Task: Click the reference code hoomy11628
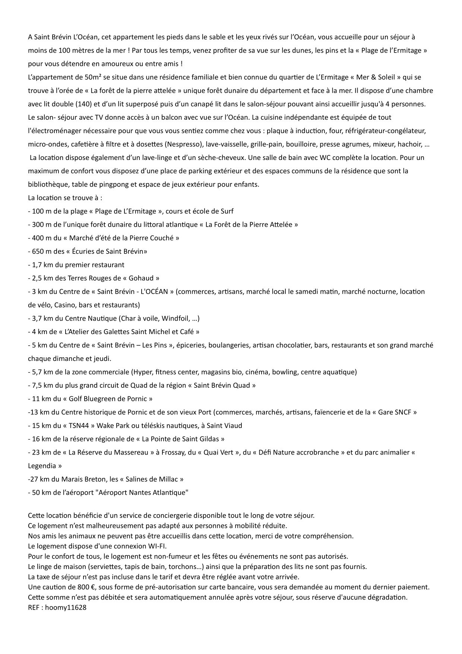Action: coord(65,607)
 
